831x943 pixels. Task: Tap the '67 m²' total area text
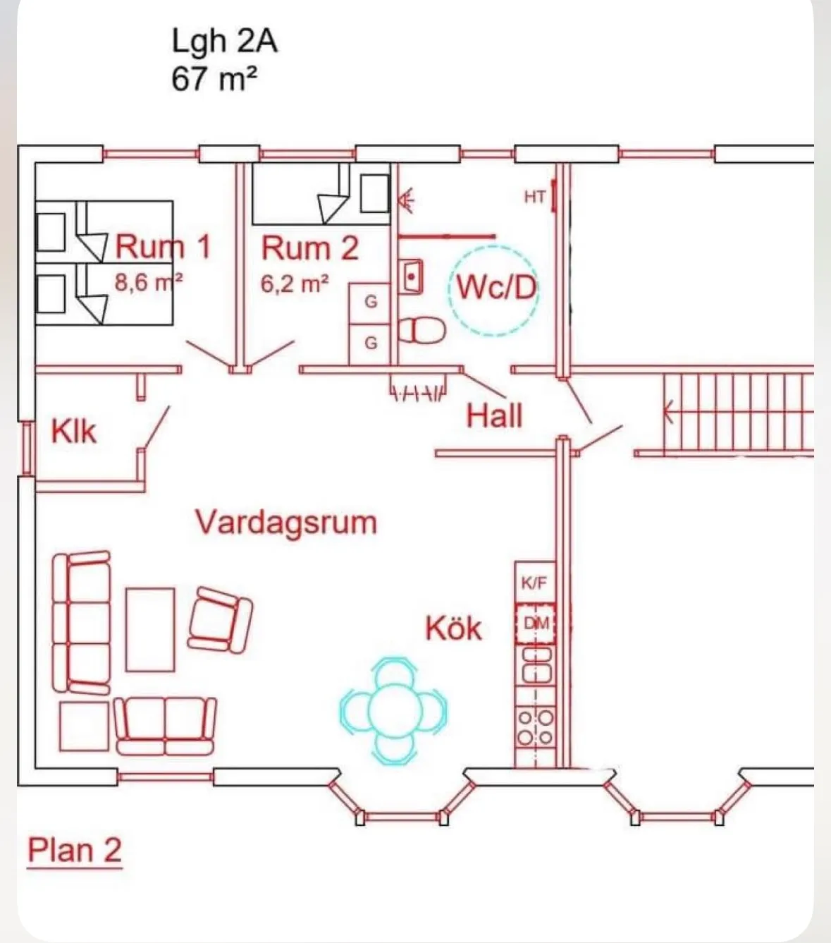click(213, 78)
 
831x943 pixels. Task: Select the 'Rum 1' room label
click(163, 247)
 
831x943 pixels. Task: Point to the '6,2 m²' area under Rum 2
click(295, 284)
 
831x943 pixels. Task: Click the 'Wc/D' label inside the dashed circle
click(495, 288)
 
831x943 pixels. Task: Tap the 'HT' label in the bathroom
click(534, 197)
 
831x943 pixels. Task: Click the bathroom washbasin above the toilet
click(411, 276)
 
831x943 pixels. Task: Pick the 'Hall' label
click(494, 416)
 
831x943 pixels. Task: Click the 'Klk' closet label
click(73, 432)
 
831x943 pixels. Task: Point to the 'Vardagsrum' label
click(285, 523)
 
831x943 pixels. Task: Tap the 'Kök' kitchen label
click(453, 628)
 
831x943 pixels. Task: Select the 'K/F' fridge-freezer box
click(534, 583)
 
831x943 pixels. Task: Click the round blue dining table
click(393, 710)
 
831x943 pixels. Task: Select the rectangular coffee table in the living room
click(150, 629)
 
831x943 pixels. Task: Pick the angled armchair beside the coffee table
click(220, 619)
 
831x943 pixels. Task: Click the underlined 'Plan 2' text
click(74, 851)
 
